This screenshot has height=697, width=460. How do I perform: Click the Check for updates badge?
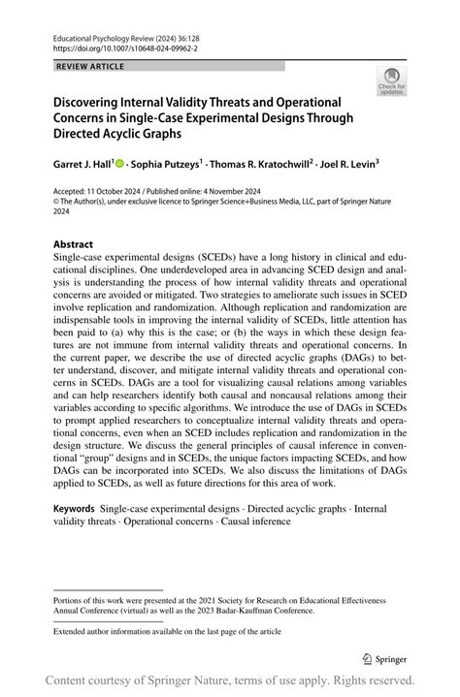[391, 80]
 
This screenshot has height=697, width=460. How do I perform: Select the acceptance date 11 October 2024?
[124, 192]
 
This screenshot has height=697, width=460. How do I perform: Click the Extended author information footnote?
[168, 631]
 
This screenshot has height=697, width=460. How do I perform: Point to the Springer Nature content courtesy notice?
[230, 680]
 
